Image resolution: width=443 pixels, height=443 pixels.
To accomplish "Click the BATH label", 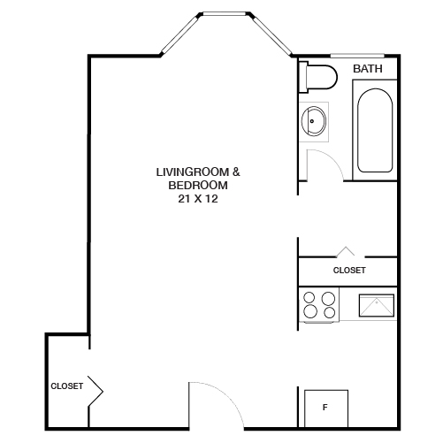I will (x=367, y=68).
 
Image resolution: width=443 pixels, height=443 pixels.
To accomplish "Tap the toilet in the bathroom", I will (x=319, y=78).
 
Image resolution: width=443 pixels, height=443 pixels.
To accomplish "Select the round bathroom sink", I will (x=313, y=121).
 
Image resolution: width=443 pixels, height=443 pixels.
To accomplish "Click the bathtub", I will (x=374, y=129).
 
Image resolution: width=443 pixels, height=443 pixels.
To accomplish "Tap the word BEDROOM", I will (x=198, y=186).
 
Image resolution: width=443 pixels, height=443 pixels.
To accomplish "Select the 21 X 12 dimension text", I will (x=198, y=200).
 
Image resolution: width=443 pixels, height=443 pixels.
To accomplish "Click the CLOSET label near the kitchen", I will (x=349, y=271).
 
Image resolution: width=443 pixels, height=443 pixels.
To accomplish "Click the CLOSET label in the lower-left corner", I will (x=66, y=386).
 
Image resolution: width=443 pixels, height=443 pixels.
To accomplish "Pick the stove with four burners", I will (x=319, y=305).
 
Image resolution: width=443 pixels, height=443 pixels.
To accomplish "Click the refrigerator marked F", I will (x=325, y=408).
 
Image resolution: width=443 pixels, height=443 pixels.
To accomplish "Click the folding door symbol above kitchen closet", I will (x=347, y=253).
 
